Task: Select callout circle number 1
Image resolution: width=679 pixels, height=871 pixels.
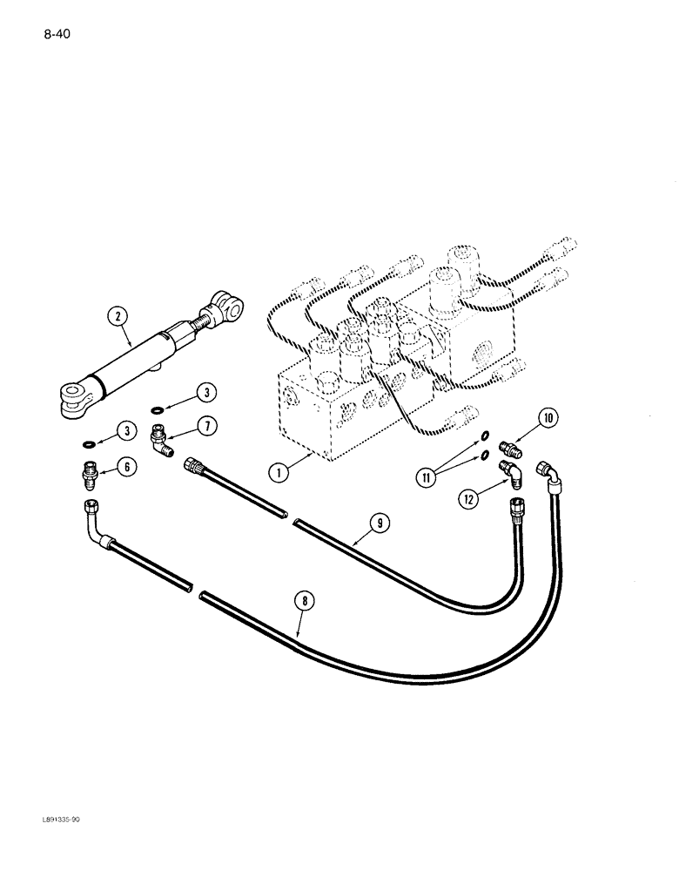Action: (278, 473)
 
